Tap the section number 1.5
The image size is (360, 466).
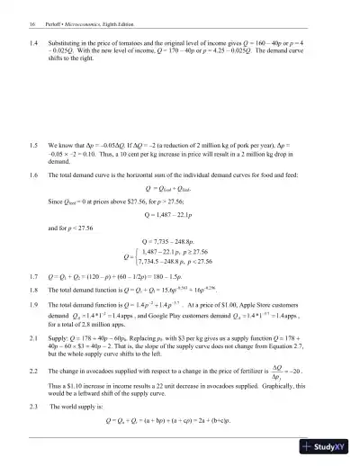click(34, 144)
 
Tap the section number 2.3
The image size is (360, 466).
click(34, 407)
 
